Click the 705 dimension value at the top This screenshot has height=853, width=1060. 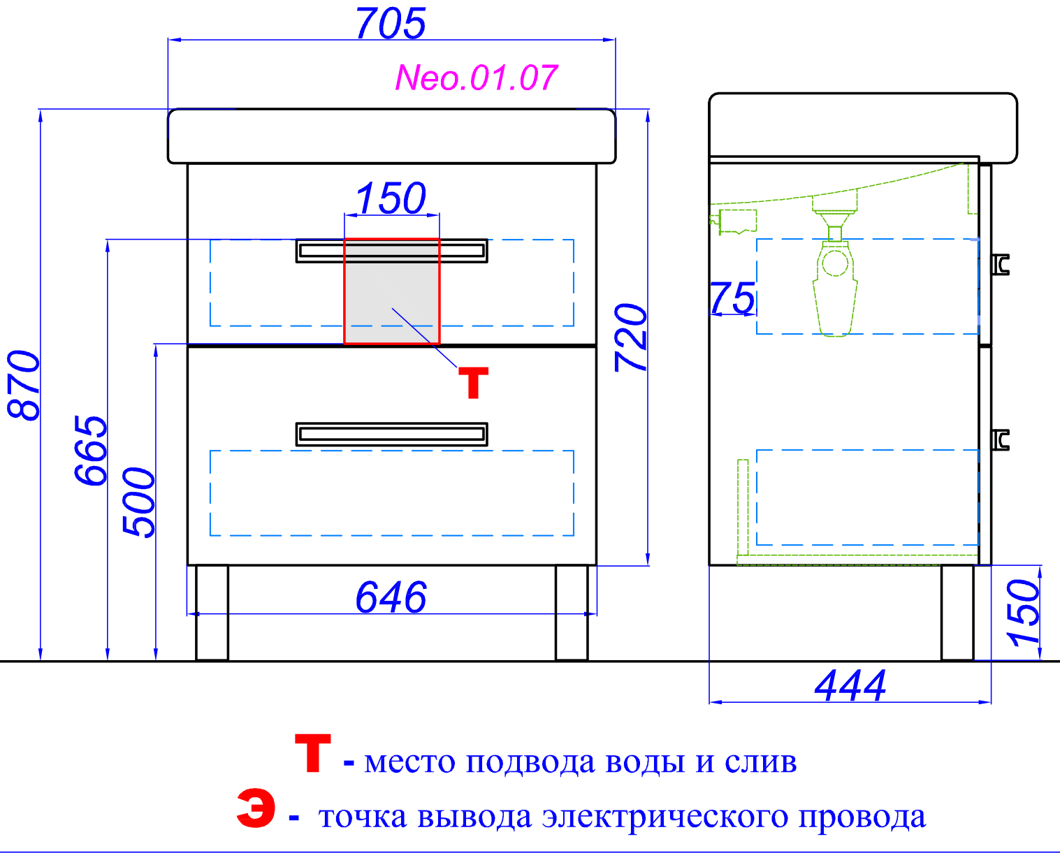391,24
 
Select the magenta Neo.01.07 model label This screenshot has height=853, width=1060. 476,78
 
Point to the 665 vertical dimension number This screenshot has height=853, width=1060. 92,450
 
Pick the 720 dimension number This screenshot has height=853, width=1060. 631,337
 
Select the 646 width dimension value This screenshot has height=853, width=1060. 391,597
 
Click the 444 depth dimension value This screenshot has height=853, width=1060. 850,685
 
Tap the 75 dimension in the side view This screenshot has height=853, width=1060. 732,298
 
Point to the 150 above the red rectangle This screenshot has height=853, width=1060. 391,198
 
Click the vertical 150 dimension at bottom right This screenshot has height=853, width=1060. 1024,612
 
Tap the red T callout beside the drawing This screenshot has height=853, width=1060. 473,384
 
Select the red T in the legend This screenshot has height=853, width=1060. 312,753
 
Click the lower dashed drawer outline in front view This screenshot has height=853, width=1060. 391,493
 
